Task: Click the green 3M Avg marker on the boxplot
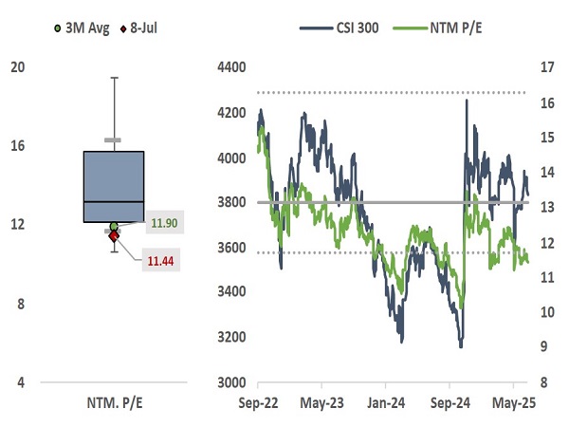[x=114, y=226]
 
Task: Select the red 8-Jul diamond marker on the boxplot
[x=114, y=235]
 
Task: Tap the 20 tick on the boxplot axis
[x=17, y=66]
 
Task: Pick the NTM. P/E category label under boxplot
[x=114, y=401]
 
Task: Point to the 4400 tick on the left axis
[x=231, y=66]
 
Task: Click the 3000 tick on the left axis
[x=231, y=382]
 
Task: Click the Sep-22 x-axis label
[x=257, y=401]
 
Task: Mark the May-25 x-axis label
[x=513, y=401]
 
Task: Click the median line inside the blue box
[x=114, y=202]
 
